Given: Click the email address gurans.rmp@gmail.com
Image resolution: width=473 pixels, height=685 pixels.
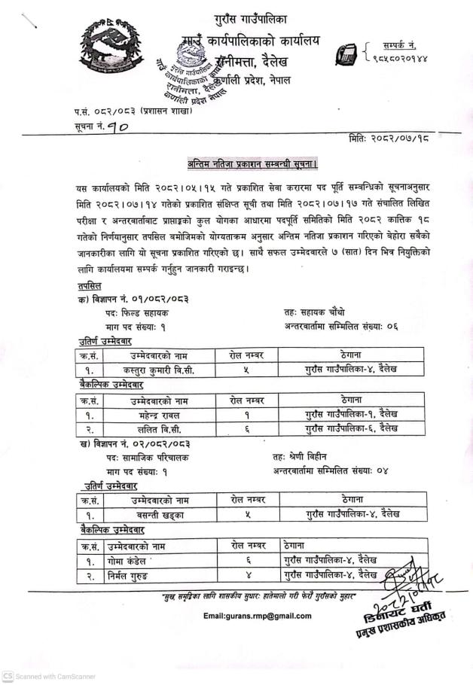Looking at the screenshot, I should click(258, 616).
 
